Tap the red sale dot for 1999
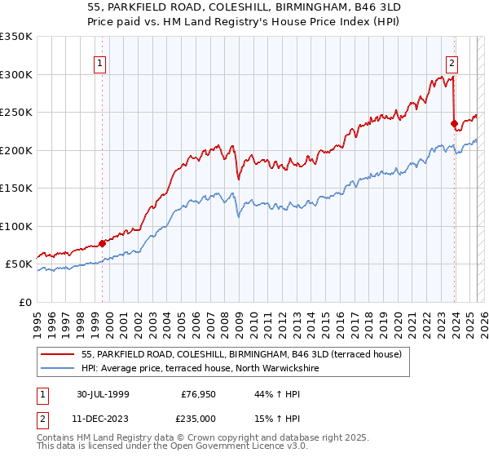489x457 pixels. (103, 243)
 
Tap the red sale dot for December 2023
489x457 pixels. (454, 124)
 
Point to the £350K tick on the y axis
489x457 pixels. (16, 37)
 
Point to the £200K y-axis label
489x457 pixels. (16, 150)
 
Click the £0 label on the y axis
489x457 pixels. (25, 302)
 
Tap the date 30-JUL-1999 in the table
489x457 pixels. (104, 394)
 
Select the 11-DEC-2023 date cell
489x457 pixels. (104, 419)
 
